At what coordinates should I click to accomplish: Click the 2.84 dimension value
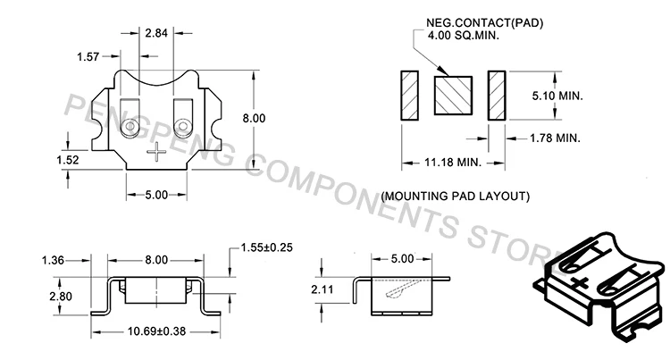pyautogui.click(x=156, y=33)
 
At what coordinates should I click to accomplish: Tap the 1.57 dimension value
pyautogui.click(x=88, y=56)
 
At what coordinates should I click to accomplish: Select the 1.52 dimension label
pyautogui.click(x=68, y=160)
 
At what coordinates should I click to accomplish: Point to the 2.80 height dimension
pyautogui.click(x=61, y=297)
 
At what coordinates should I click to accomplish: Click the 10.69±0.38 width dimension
pyautogui.click(x=157, y=331)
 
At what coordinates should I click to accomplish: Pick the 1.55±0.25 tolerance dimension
pyautogui.click(x=266, y=247)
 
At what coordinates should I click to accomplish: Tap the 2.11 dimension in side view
pyautogui.click(x=322, y=289)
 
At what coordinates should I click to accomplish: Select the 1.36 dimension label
pyautogui.click(x=53, y=260)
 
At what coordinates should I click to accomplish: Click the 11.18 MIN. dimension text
pyautogui.click(x=453, y=163)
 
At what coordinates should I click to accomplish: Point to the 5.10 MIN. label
pyautogui.click(x=557, y=96)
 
